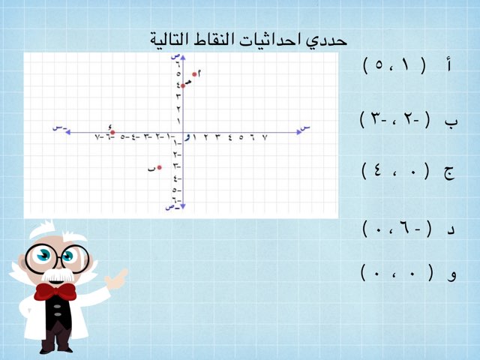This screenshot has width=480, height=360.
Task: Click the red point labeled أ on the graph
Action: (194, 73)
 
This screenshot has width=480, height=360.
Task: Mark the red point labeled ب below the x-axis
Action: (159, 168)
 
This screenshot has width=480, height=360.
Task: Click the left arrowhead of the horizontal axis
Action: (67, 133)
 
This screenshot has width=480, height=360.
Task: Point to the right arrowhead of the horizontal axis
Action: (298, 133)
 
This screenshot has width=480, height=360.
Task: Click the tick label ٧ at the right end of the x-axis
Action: (264, 138)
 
